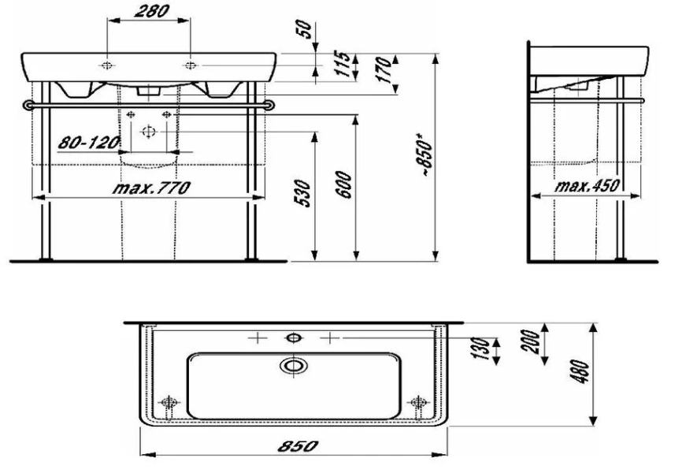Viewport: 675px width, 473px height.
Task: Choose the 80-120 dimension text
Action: (87, 143)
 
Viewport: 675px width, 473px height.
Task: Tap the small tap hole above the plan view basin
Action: (294, 338)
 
